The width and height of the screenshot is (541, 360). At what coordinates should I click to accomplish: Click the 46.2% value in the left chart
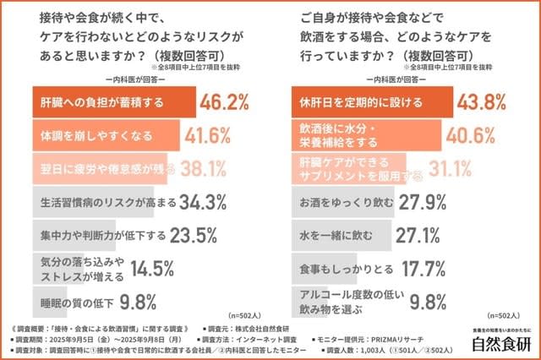226,102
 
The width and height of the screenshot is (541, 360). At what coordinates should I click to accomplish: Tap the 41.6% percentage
210,135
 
